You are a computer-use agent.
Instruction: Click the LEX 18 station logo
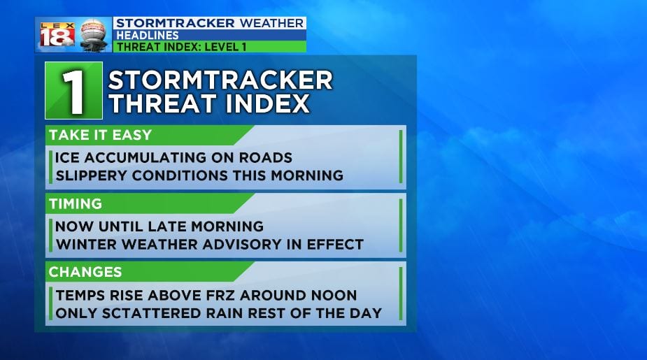point(57,35)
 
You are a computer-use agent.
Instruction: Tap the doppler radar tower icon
point(93,35)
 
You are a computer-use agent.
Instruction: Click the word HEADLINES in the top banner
point(148,35)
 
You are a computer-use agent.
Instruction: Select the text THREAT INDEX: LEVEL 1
point(182,47)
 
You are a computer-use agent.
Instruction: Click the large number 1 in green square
point(74,91)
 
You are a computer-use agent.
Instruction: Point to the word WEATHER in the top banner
point(271,23)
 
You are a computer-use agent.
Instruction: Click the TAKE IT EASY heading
point(100,135)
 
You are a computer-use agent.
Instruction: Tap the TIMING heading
point(76,203)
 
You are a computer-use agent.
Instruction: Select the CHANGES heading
point(85,272)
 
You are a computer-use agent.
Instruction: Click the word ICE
point(67,157)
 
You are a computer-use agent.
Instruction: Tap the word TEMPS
point(80,295)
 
